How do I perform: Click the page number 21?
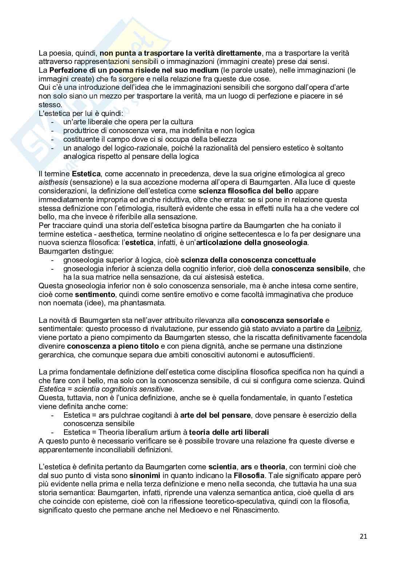(x=363, y=536)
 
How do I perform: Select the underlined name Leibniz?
(x=349, y=329)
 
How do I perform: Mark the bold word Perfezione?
(x=69, y=70)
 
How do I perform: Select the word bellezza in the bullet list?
(x=222, y=139)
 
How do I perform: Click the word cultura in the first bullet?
(x=180, y=122)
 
